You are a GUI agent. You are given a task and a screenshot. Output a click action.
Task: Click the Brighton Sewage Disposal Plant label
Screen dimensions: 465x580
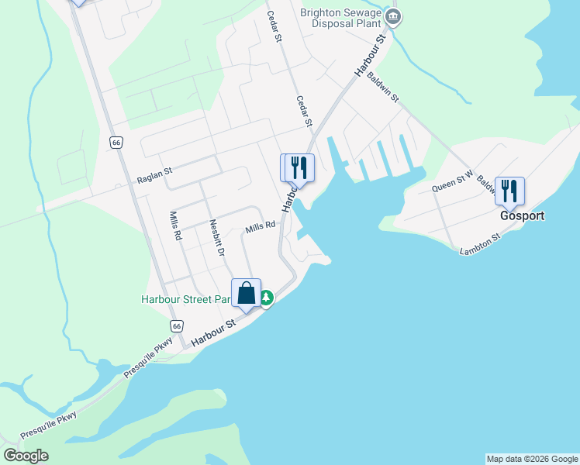pyautogui.click(x=342, y=18)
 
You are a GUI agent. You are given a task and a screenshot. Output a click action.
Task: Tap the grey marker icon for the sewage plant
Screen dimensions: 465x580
pyautogui.click(x=393, y=17)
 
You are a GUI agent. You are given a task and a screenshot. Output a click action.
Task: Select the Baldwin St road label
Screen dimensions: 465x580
pyautogui.click(x=383, y=88)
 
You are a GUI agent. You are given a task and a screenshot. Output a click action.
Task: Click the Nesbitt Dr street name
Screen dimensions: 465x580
pyautogui.click(x=216, y=237)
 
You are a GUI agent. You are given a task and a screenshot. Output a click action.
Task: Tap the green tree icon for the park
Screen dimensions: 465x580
pyautogui.click(x=266, y=298)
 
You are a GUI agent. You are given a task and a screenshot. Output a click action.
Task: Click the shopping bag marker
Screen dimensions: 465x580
pyautogui.click(x=246, y=294)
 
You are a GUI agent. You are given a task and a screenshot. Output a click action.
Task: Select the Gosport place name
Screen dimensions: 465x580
pyautogui.click(x=522, y=216)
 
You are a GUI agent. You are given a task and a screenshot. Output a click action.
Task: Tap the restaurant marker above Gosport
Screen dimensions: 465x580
pyautogui.click(x=509, y=190)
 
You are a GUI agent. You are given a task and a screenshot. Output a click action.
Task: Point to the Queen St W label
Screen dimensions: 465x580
pyautogui.click(x=452, y=182)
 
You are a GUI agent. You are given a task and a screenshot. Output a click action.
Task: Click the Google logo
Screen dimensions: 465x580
pyautogui.click(x=26, y=456)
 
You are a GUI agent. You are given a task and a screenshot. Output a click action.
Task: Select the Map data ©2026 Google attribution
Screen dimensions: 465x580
pyautogui.click(x=532, y=459)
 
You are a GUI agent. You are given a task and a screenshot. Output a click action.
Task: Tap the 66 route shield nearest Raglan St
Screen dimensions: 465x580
pyautogui.click(x=116, y=143)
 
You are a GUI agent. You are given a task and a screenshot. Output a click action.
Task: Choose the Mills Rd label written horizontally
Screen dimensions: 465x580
pyautogui.click(x=261, y=227)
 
